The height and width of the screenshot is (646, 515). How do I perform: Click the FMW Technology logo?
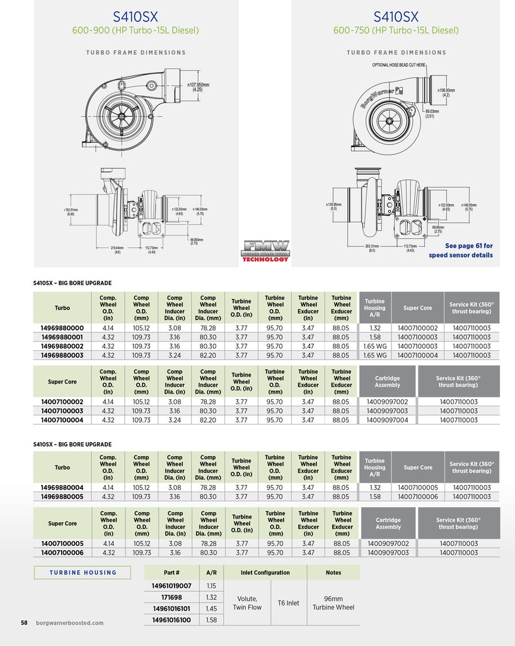click(x=265, y=250)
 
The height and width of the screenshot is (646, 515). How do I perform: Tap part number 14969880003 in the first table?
click(x=62, y=355)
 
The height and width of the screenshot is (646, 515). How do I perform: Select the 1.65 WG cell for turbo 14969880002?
click(x=374, y=346)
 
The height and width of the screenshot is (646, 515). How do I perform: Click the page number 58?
click(x=24, y=623)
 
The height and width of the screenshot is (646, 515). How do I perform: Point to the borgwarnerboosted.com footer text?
click(x=70, y=623)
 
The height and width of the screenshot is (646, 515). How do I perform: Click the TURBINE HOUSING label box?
click(x=83, y=573)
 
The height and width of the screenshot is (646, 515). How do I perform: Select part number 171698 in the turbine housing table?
click(x=171, y=597)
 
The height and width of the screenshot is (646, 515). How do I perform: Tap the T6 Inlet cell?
click(x=288, y=603)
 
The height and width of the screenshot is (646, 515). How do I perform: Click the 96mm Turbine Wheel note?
click(x=333, y=603)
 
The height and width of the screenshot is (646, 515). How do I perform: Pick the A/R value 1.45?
click(x=211, y=609)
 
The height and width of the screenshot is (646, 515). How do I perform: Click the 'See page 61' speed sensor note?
click(x=461, y=250)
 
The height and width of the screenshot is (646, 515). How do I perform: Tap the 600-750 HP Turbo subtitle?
click(x=396, y=30)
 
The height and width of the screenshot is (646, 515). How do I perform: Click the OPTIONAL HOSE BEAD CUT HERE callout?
click(x=399, y=65)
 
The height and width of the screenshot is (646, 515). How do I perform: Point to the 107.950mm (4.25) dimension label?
click(x=198, y=87)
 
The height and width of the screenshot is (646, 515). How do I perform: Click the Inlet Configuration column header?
click(x=265, y=573)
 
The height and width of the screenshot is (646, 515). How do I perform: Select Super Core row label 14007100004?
click(x=62, y=420)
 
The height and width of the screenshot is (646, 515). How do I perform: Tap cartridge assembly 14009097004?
click(x=387, y=420)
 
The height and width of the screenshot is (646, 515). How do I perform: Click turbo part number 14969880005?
click(x=62, y=496)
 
